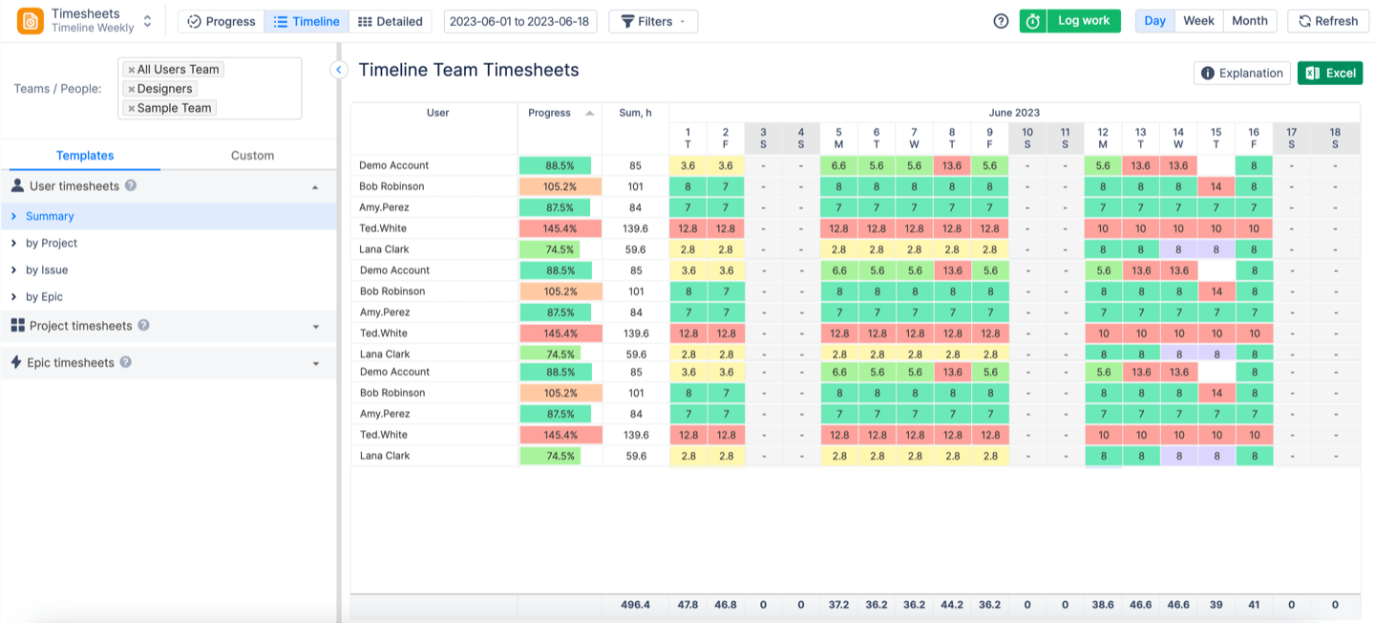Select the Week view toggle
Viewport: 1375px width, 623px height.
click(x=1198, y=21)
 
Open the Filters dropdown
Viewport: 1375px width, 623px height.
click(x=653, y=21)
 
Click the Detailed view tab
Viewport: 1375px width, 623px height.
click(x=391, y=21)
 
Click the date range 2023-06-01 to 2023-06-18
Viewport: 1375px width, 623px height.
click(x=520, y=21)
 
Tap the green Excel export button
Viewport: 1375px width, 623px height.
click(x=1330, y=74)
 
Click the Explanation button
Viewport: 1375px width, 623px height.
click(x=1241, y=74)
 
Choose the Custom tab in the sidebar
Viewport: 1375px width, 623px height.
click(x=252, y=156)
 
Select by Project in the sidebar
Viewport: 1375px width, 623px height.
click(x=52, y=244)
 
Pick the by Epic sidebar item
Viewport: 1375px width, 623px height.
click(x=44, y=297)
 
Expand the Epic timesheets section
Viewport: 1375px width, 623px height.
click(x=315, y=363)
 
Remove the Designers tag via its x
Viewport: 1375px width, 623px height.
click(x=132, y=89)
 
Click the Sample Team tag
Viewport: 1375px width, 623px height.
click(x=174, y=108)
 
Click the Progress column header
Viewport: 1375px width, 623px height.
click(x=550, y=113)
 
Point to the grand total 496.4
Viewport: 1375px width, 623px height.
click(x=635, y=605)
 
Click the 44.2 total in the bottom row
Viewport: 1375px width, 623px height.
click(x=952, y=605)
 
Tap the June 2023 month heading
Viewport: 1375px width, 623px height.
click(x=1014, y=113)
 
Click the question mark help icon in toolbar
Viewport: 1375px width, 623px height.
click(x=1001, y=21)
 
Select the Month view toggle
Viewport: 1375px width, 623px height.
click(x=1249, y=21)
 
